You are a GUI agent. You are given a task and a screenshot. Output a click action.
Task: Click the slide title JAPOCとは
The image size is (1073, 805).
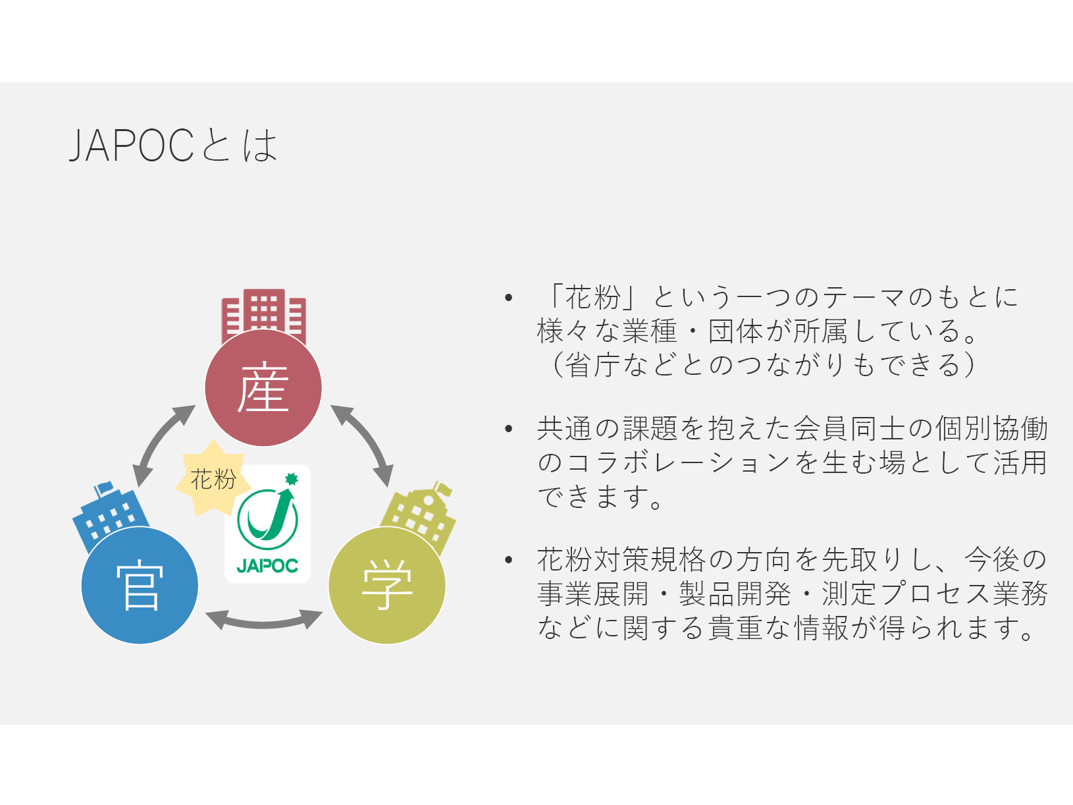(174, 145)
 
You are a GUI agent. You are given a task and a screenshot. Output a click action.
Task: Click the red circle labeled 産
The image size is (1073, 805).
(263, 387)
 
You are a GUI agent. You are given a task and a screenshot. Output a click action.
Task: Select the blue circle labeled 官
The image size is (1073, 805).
(140, 585)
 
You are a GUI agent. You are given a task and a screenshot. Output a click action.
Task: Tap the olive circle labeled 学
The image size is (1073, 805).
(387, 585)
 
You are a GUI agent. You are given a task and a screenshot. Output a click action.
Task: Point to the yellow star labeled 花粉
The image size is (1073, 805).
(213, 478)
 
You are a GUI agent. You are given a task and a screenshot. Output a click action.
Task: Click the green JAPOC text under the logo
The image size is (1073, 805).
(267, 566)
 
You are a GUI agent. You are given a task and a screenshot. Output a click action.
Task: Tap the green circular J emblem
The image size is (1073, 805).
(267, 518)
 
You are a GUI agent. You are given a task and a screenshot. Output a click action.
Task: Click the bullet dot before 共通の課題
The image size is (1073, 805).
(509, 428)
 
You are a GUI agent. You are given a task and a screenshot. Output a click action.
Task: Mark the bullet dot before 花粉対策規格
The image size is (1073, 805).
(509, 559)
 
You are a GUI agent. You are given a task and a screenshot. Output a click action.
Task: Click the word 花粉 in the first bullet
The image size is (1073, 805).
(593, 297)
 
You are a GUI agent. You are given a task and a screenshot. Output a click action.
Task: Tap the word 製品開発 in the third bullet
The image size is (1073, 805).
(735, 594)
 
